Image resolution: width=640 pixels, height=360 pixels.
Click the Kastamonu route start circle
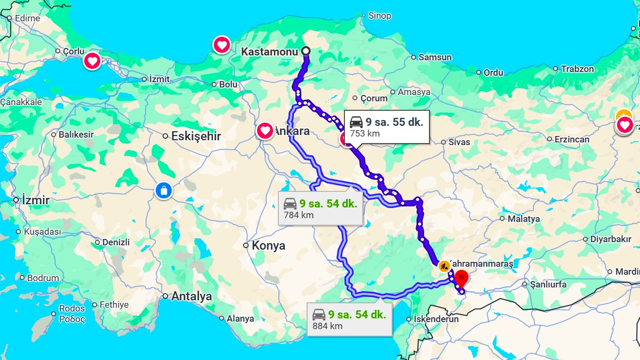[x=306, y=51]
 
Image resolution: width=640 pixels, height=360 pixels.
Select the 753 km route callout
[x=387, y=127]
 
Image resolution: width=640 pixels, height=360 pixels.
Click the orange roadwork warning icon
[x=444, y=266]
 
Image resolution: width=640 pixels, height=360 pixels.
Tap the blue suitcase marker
[x=164, y=190]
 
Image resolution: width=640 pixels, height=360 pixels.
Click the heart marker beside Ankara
[x=265, y=131]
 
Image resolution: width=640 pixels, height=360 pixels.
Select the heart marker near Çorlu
[x=92, y=61]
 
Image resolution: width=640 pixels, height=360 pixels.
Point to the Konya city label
[x=268, y=246]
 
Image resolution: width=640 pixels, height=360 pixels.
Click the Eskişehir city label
[x=196, y=136]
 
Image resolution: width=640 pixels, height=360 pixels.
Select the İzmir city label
[x=36, y=201]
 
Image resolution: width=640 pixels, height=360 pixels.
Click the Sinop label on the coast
[x=380, y=16]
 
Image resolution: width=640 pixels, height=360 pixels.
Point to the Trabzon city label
[x=577, y=69]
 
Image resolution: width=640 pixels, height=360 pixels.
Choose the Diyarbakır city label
[x=611, y=239]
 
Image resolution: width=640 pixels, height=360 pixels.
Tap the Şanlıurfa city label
[x=548, y=284]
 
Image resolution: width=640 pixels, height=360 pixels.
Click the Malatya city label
[x=523, y=219]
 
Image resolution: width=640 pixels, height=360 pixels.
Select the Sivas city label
[x=459, y=142]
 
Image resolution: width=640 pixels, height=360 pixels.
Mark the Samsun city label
[x=435, y=57]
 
